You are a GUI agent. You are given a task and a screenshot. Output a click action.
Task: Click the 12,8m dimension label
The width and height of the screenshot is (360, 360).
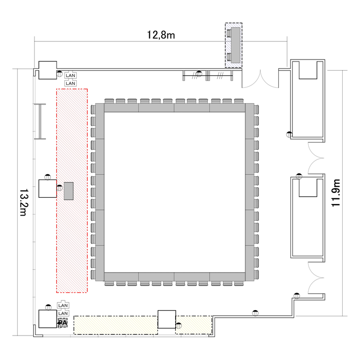click(x=161, y=35)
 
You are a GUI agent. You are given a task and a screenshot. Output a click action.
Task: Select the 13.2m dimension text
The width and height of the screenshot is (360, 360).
click(x=24, y=203)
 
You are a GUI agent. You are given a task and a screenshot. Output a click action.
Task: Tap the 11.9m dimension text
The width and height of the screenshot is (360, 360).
click(x=336, y=193)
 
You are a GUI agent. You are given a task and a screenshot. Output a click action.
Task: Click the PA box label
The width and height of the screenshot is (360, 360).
click(x=63, y=323)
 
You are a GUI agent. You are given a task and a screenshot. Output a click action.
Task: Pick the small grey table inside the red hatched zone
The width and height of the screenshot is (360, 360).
click(x=69, y=191)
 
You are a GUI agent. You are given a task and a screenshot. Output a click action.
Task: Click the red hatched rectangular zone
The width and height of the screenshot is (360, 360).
click(x=72, y=191)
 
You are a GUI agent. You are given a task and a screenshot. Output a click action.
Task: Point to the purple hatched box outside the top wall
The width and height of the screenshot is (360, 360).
click(x=234, y=45)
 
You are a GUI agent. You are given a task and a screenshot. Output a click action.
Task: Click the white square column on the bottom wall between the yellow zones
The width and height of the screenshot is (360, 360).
click(x=167, y=319)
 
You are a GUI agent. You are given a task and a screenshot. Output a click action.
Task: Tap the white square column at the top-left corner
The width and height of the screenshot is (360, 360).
click(x=48, y=70)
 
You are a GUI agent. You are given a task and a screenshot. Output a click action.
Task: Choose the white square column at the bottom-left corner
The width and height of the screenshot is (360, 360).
click(x=48, y=319)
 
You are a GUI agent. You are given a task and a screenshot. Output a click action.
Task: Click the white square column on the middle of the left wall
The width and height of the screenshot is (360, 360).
click(x=48, y=189)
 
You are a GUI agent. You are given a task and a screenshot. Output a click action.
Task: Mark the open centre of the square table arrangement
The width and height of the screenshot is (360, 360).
click(x=175, y=192)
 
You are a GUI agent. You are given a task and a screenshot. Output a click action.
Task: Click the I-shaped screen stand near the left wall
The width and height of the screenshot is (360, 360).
click(x=40, y=121)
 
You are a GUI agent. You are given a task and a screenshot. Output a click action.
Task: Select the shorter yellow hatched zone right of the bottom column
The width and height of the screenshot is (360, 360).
click(x=194, y=325)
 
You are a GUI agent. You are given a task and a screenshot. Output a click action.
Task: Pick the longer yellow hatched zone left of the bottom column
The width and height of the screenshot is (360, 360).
click(x=116, y=325)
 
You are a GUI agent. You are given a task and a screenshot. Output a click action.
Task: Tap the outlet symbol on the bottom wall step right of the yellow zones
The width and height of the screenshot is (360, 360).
click(x=255, y=312)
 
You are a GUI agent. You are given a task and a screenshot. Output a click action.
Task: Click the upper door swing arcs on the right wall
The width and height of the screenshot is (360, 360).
click(x=316, y=158)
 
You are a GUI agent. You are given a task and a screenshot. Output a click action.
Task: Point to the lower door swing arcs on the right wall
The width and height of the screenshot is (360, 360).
click(x=316, y=278)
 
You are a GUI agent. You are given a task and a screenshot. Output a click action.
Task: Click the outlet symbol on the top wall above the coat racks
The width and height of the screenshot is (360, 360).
click(x=199, y=74)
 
